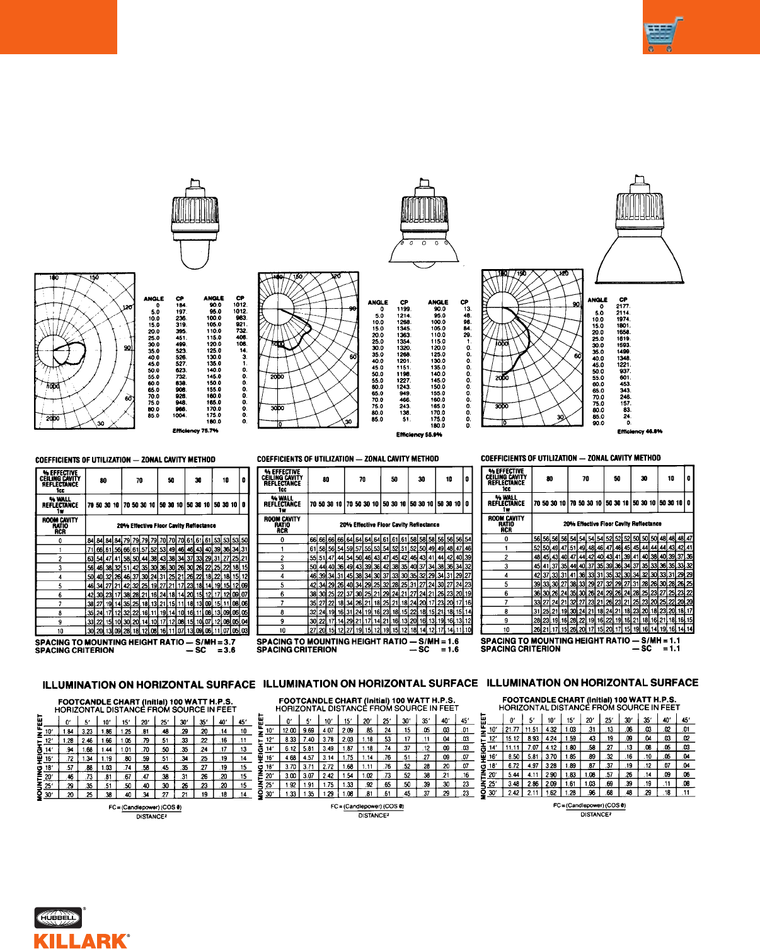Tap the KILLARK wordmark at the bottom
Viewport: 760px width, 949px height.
[x=81, y=941]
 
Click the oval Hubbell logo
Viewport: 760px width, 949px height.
[x=59, y=918]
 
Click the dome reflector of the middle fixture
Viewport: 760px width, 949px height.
[x=420, y=250]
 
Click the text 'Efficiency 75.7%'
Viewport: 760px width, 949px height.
[x=195, y=431]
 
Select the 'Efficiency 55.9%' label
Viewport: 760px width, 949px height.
[x=419, y=435]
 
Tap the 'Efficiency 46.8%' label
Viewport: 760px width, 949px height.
[x=640, y=432]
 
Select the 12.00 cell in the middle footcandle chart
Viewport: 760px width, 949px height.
[x=289, y=730]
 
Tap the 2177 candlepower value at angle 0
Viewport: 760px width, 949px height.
[x=623, y=306]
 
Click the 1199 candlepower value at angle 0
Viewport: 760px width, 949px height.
[x=404, y=309]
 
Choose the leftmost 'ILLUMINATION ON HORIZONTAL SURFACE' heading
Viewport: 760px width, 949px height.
[x=149, y=685]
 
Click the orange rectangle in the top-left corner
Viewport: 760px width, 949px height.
[x=58, y=26]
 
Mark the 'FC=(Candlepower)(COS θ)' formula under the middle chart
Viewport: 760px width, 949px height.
[x=367, y=807]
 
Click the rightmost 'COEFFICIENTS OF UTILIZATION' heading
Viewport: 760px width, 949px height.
[x=570, y=458]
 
